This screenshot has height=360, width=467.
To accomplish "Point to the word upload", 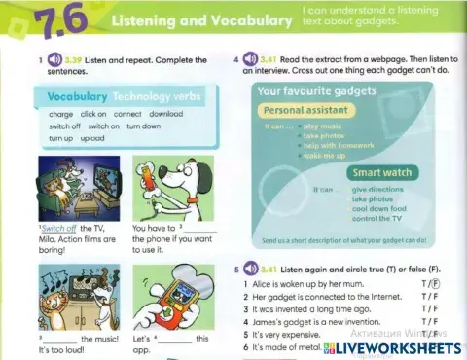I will point(91,138).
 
